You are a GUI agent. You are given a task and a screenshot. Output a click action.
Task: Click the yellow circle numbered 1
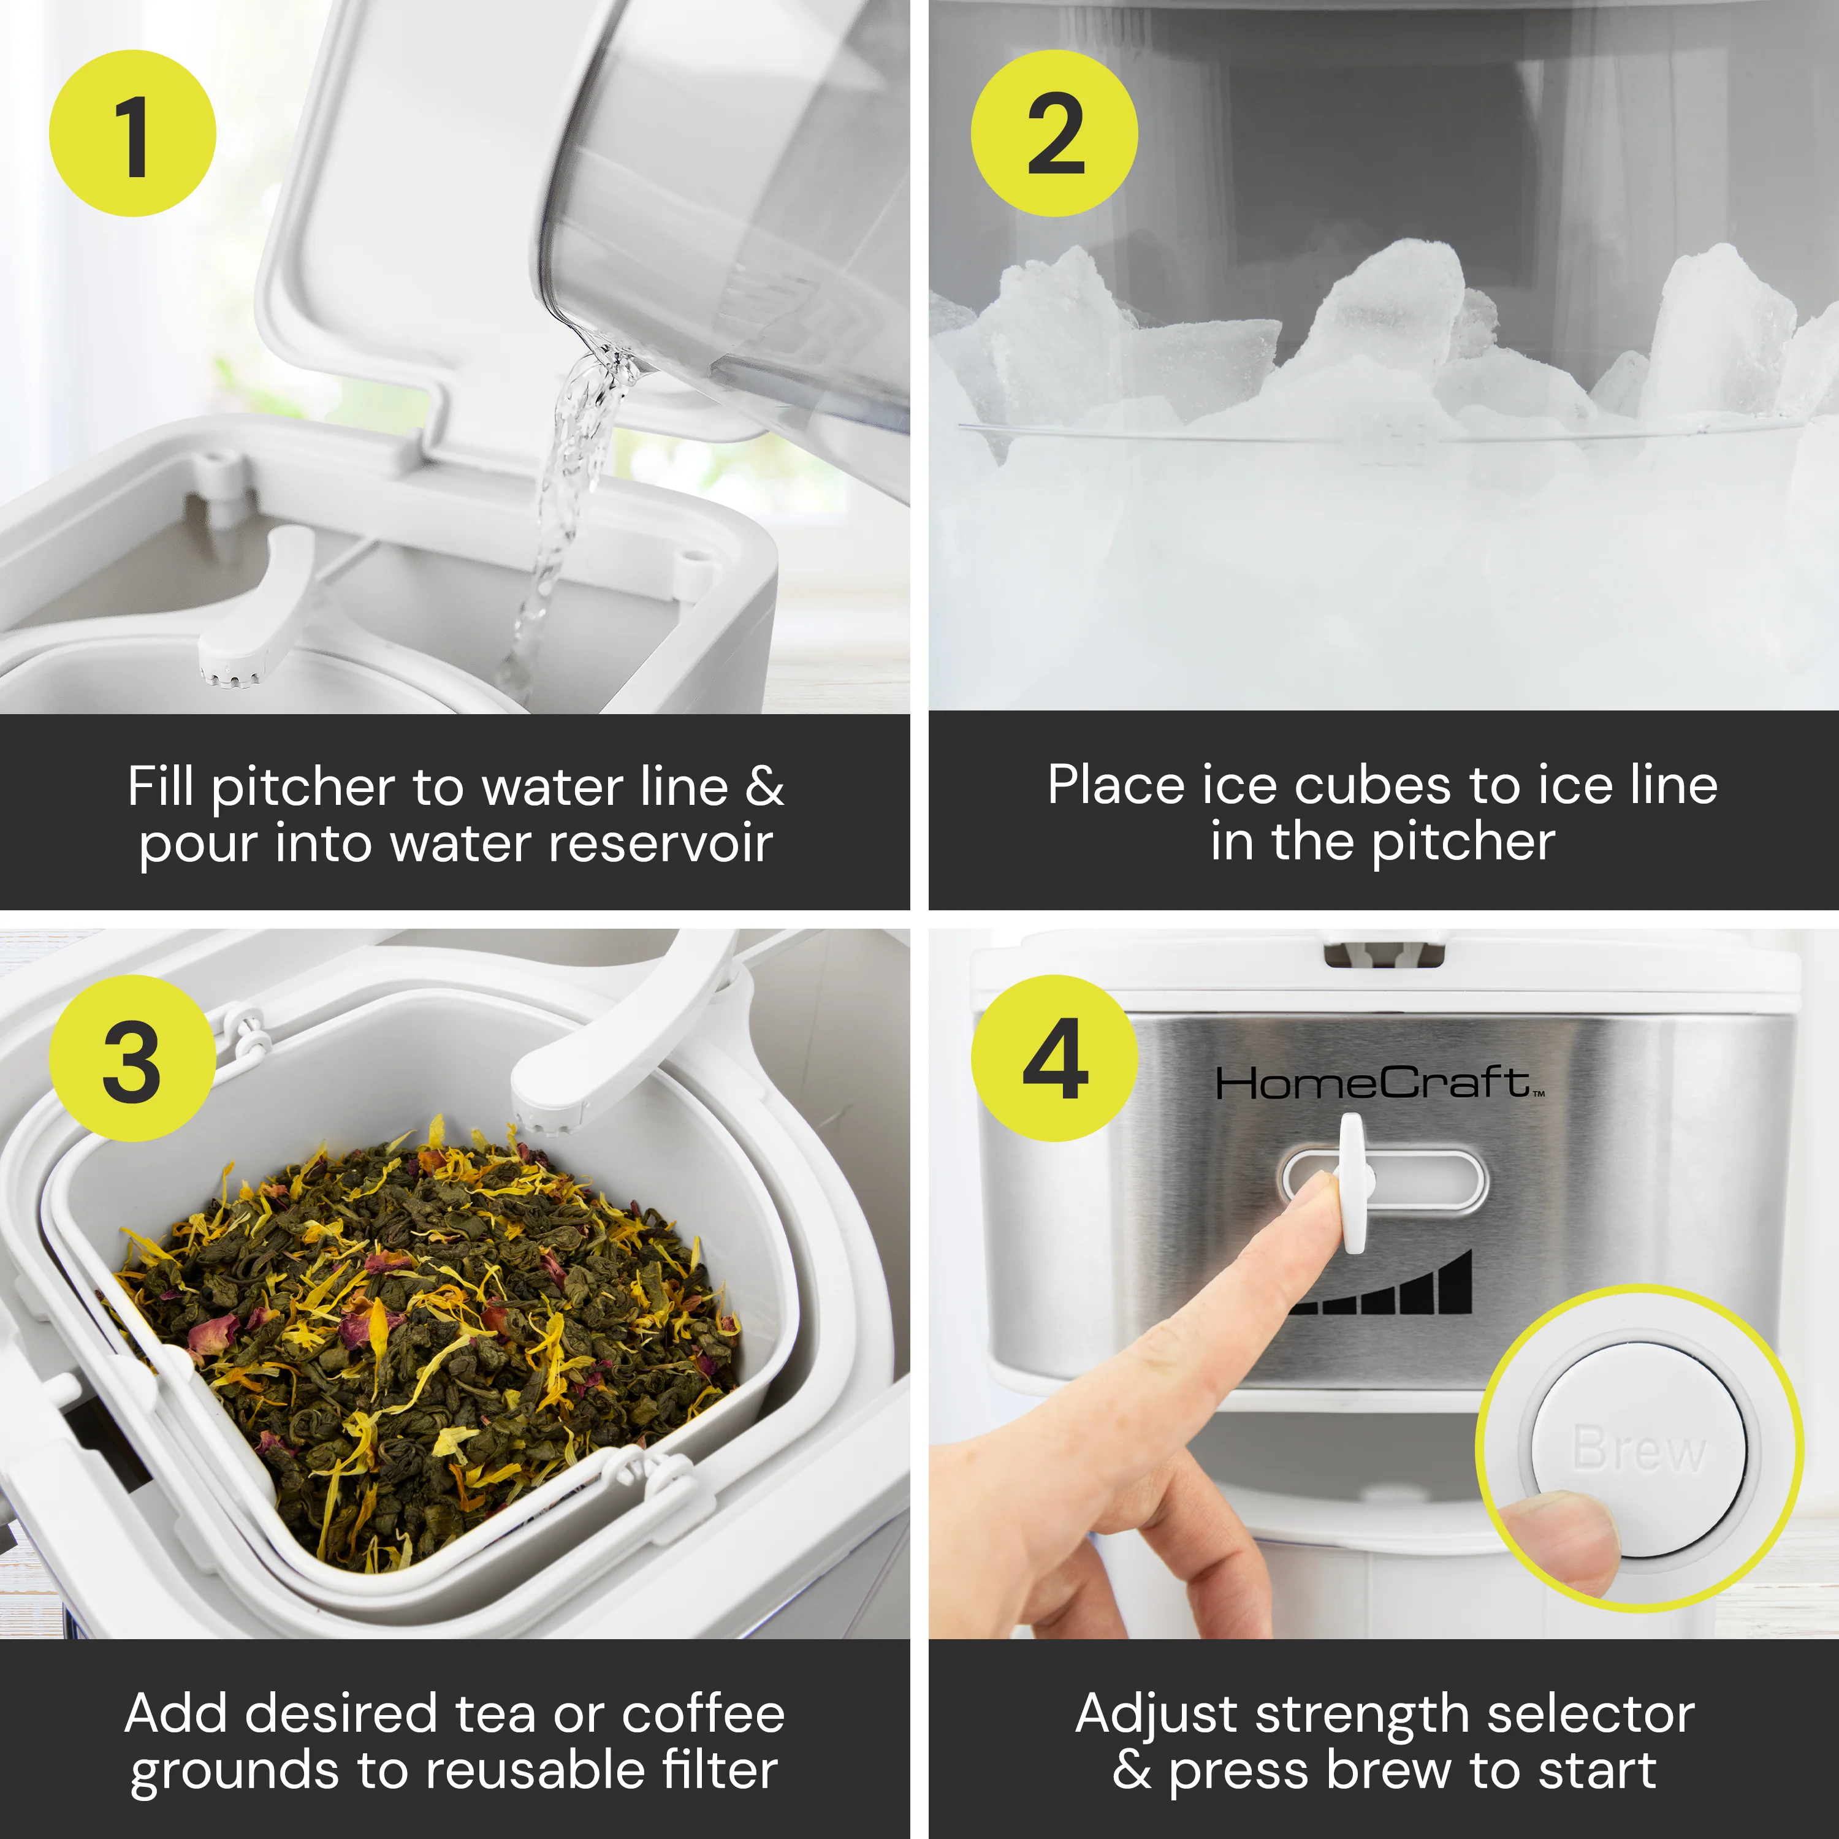pos(132,133)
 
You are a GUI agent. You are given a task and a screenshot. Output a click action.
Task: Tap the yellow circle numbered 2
pos(1054,133)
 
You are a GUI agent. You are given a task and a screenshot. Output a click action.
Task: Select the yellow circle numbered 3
pos(132,1059)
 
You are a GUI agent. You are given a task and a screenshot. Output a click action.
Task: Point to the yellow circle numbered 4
pos(1054,1059)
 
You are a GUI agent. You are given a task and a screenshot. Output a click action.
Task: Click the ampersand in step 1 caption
pos(764,787)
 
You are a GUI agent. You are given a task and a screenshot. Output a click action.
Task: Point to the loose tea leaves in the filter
pos(428,1333)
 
